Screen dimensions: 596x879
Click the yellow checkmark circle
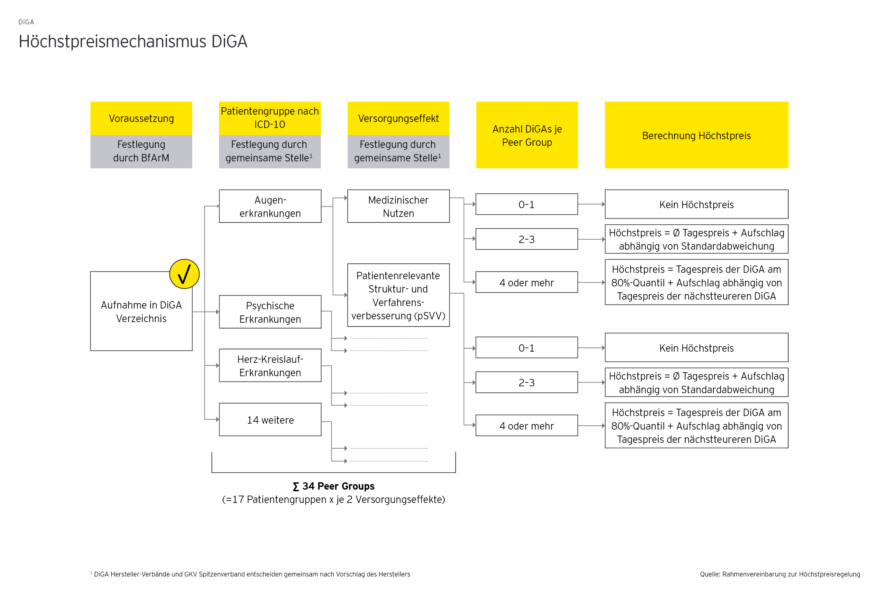coord(184,274)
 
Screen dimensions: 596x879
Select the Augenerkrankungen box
coord(270,206)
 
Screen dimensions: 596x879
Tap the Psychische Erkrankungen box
coord(270,312)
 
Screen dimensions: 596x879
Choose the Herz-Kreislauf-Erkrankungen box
coord(270,366)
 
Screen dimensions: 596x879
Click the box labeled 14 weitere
coord(270,420)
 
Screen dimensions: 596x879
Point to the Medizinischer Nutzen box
coord(398,206)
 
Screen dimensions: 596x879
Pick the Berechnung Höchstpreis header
coord(696,135)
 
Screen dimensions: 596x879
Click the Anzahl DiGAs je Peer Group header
coord(527,135)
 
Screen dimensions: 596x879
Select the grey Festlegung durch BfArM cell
coord(141,151)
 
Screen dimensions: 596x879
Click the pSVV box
coord(398,295)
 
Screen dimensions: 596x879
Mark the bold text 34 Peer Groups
coord(334,486)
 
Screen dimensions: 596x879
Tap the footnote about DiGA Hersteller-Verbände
coord(250,574)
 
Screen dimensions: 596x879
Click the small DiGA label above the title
coord(26,22)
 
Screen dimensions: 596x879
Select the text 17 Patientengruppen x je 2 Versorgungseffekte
coord(334,499)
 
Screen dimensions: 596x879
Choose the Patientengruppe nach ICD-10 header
coord(270,118)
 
